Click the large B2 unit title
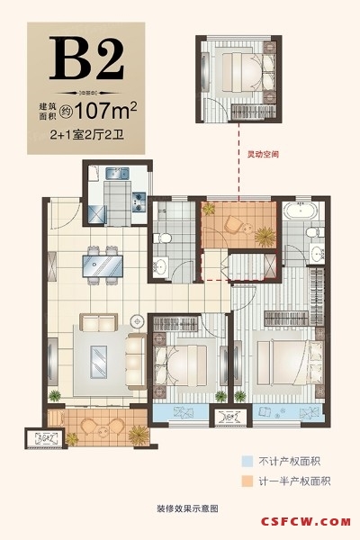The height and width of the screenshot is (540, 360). pos(86,58)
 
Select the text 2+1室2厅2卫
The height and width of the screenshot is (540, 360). pos(86,134)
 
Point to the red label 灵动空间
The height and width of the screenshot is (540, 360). pos(264,154)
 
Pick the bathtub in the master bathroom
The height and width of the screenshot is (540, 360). pos(300,211)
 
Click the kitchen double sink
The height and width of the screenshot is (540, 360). pos(117,173)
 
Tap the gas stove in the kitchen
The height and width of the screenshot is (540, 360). pos(139,202)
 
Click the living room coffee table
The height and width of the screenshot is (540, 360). pos(99,363)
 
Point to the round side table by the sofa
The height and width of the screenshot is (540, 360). pos(138,321)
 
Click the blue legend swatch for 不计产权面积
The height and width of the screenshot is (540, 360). pos(247,461)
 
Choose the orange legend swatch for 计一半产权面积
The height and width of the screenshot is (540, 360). pos(247,481)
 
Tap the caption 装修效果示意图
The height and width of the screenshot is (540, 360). pos(187,508)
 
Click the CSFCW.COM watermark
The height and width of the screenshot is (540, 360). pos(306,522)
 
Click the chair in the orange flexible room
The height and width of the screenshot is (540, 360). pos(232,224)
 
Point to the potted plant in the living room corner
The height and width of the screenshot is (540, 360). pos(55,396)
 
